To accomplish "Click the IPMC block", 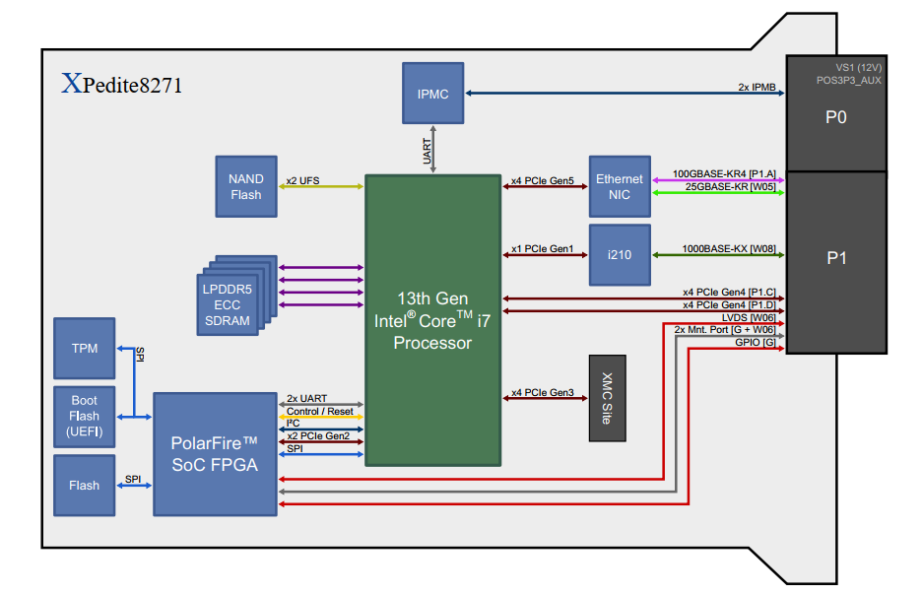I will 432,93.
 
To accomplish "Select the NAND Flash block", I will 246,186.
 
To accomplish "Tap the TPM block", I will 85,348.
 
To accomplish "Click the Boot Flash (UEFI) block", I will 85,416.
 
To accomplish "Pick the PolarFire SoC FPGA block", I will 216,453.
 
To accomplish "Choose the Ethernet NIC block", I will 620,186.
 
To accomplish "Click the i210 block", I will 620,253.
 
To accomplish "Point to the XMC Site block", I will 608,398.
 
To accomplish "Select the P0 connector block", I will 836,116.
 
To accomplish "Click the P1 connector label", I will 836,258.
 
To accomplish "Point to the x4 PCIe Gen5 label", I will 543,181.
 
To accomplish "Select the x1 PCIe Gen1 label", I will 543,249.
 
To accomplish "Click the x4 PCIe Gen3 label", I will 543,393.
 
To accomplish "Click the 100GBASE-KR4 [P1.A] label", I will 724,173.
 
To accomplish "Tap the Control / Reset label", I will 319,411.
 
